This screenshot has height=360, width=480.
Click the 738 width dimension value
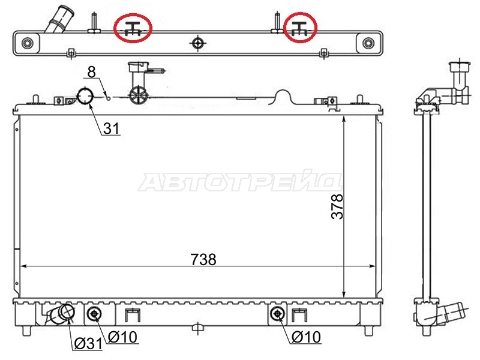tap(203, 259)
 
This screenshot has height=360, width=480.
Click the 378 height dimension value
tap(338, 206)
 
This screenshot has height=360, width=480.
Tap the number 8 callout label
tap(92, 71)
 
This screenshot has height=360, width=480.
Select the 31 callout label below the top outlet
tap(111, 128)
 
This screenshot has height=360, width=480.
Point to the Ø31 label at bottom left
tap(88, 343)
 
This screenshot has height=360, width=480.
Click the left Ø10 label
tap(122, 337)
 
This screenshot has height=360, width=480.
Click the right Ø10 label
tap(306, 337)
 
